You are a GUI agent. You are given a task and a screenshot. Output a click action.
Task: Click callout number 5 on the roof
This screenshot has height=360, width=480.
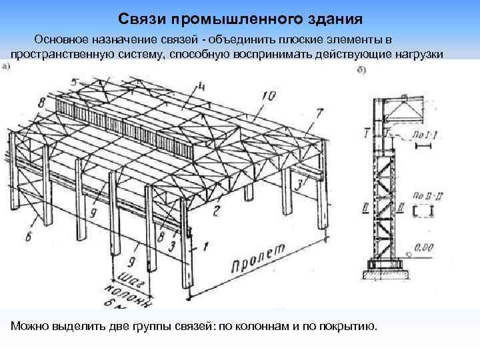74,83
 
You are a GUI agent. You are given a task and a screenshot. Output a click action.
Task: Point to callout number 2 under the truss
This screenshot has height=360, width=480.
216,212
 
